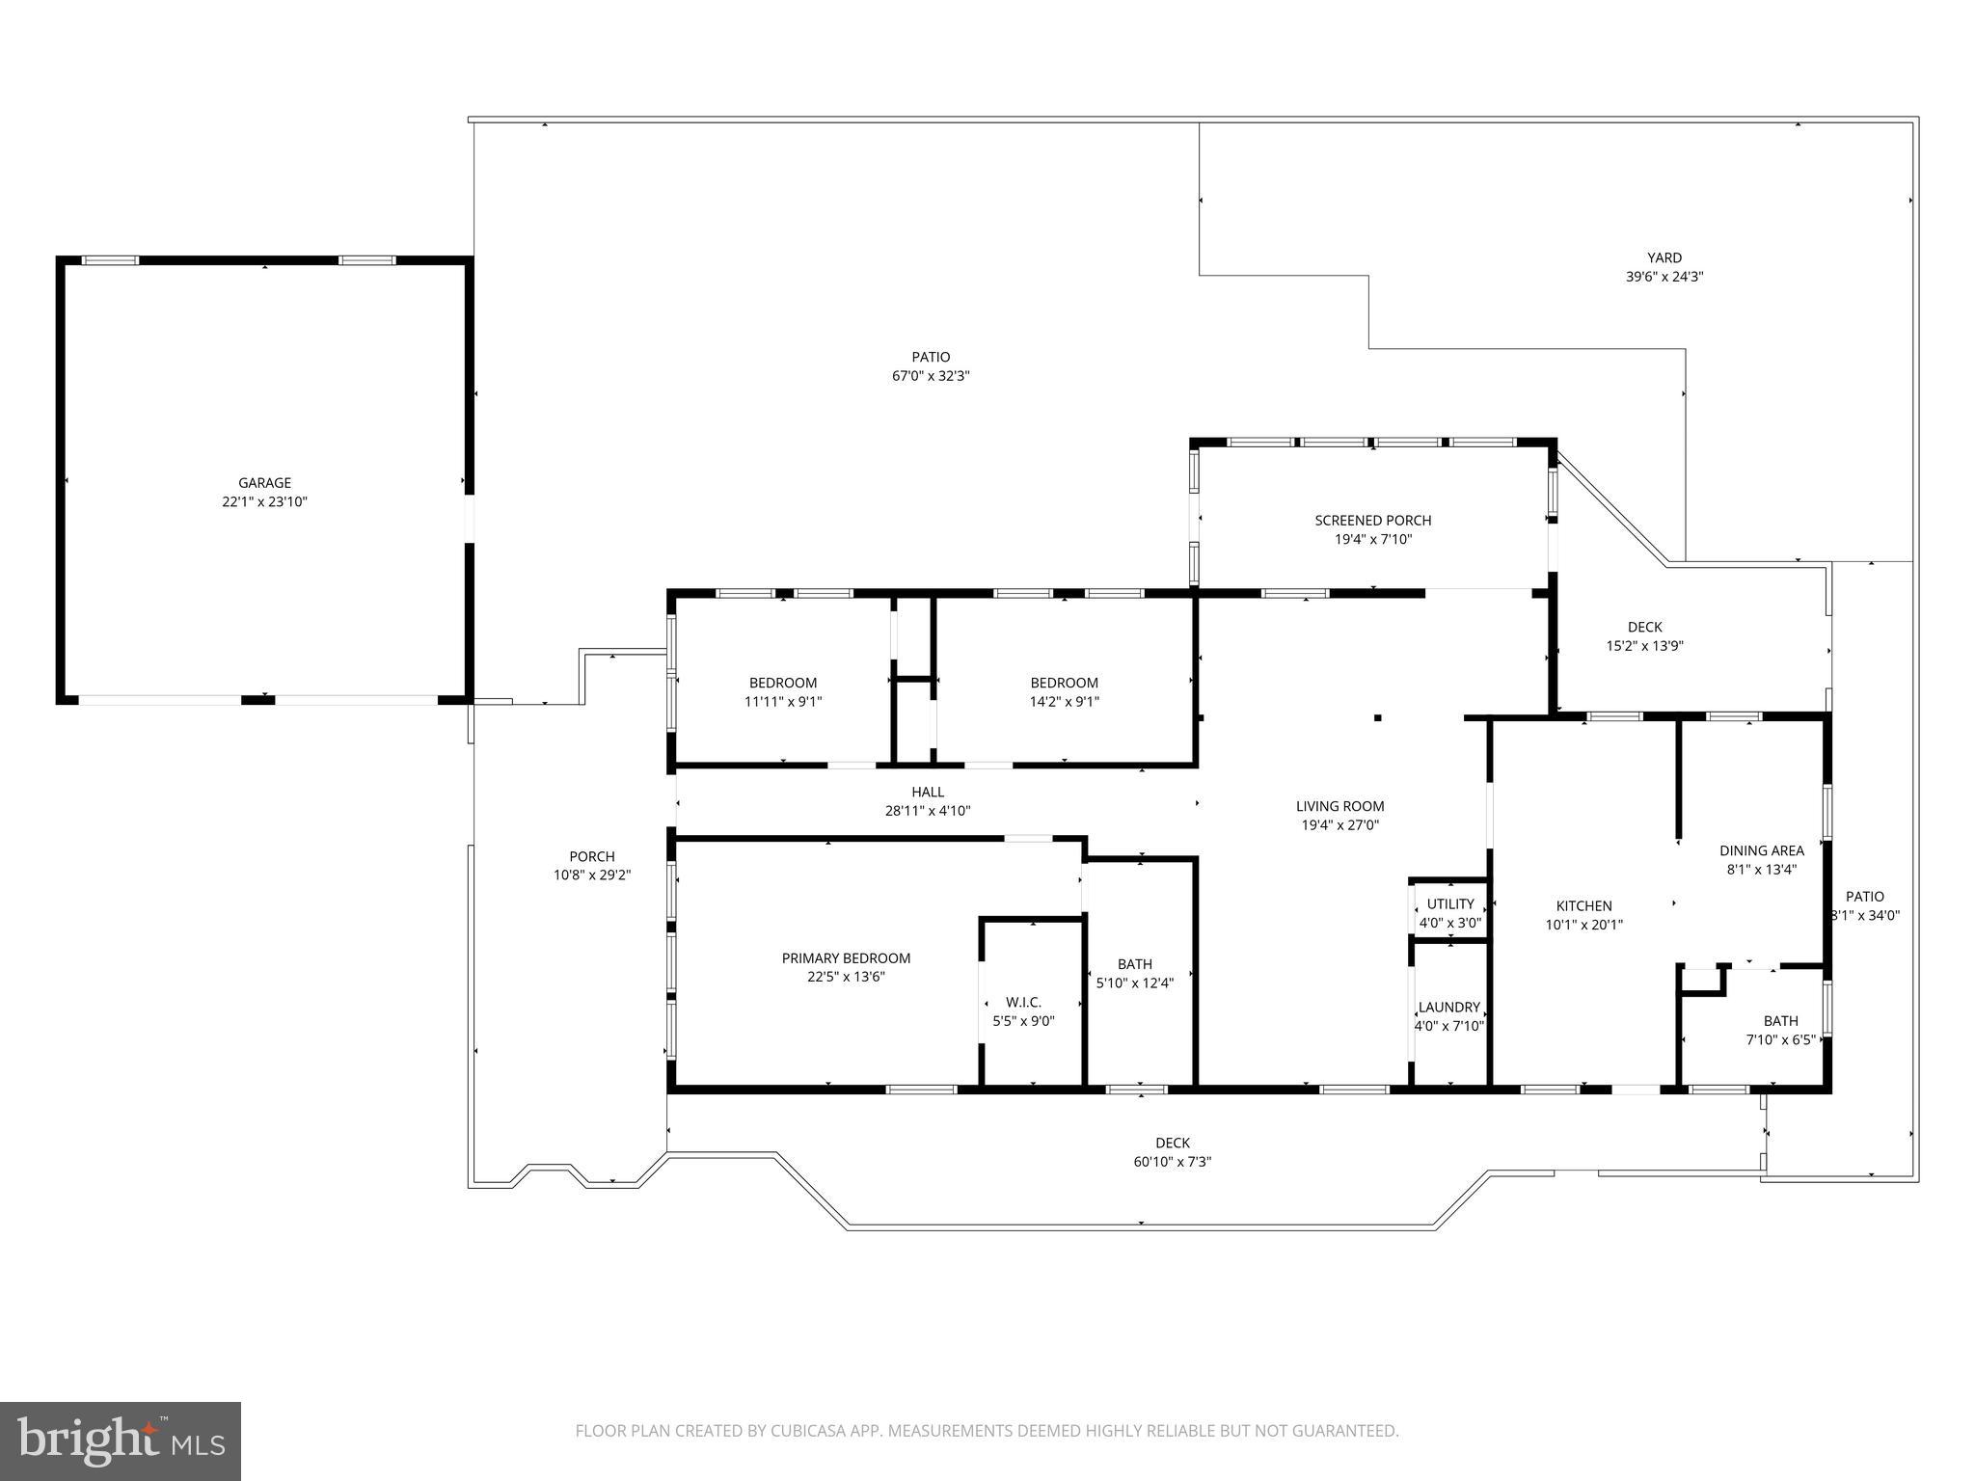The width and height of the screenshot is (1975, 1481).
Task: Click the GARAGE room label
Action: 264,483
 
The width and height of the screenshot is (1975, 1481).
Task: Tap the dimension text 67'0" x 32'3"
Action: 930,377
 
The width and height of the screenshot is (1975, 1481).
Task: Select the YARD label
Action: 1664,257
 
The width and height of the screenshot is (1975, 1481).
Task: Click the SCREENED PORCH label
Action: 1372,521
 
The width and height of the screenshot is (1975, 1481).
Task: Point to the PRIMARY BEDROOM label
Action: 846,958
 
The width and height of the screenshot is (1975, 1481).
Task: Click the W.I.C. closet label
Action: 1023,1003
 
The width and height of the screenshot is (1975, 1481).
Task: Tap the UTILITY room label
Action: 1450,904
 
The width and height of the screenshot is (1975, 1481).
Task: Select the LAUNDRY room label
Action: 1448,1008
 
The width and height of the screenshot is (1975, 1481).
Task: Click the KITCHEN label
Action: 1583,906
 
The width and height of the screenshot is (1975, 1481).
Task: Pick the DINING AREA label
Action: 1761,850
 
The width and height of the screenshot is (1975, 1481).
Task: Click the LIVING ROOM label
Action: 1339,806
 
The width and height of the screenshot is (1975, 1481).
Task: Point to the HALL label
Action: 928,793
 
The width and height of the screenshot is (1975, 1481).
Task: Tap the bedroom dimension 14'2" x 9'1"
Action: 1064,702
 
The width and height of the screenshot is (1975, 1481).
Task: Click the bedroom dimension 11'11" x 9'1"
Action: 782,702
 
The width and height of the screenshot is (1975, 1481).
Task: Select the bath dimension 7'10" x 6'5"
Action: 1780,1040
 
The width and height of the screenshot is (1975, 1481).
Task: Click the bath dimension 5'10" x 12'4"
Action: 1134,983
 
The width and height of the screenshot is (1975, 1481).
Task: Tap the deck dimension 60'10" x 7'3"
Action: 1172,1162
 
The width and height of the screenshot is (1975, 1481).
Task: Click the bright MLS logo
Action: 121,1441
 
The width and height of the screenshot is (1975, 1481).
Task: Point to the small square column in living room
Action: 1378,717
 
